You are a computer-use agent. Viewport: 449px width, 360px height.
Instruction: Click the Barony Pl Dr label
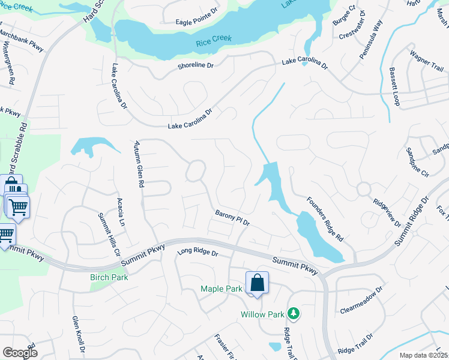(232, 218)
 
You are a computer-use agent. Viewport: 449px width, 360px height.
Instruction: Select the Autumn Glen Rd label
(139, 165)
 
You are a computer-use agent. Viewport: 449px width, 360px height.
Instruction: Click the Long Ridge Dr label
(197, 253)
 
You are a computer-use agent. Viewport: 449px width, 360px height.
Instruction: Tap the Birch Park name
(109, 277)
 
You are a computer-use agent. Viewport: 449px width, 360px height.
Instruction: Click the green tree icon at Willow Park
(294, 313)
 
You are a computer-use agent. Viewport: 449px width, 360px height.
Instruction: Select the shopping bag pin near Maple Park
(257, 283)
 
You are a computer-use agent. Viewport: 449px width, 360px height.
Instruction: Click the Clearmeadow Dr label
(361, 301)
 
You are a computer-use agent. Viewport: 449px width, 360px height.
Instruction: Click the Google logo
(20, 353)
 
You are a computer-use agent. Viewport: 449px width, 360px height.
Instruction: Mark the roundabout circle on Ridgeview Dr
(363, 188)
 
